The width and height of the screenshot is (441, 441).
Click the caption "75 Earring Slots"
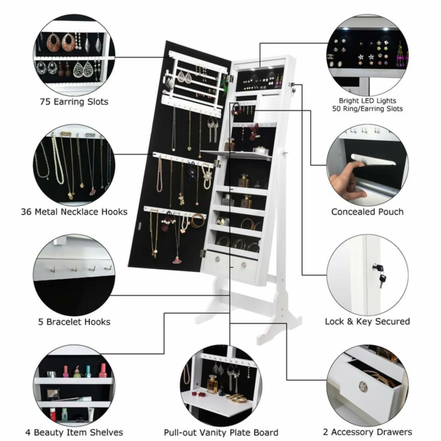click(x=74, y=102)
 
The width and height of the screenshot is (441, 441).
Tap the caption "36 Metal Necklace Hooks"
click(x=74, y=212)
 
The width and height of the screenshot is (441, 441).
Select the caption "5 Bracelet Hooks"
click(x=74, y=322)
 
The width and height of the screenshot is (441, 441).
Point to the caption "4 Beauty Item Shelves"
click(x=74, y=432)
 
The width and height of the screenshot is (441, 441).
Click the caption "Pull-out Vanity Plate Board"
click(x=221, y=432)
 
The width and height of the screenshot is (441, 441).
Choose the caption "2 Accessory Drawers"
click(x=367, y=432)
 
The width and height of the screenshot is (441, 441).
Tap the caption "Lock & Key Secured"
click(x=367, y=322)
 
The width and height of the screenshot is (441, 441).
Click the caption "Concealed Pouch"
click(x=367, y=212)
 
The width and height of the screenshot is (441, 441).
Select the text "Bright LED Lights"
click(x=367, y=101)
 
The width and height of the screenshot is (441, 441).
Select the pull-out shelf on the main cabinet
click(x=236, y=154)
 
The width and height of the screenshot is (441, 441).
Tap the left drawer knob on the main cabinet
click(x=218, y=259)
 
